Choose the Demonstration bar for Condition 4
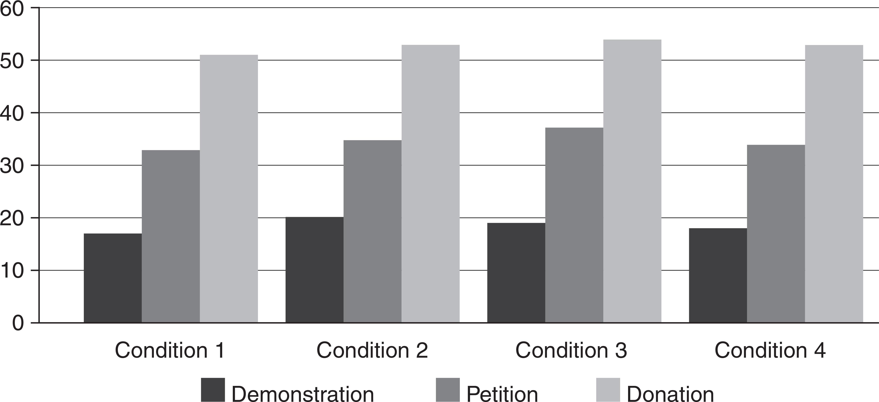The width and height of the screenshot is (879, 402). [718, 275]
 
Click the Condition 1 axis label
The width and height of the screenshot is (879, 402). [170, 350]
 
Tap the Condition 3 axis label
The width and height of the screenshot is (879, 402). [571, 350]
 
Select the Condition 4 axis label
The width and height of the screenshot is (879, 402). [770, 350]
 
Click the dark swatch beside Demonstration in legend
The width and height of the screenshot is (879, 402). [213, 390]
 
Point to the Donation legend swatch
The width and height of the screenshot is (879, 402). [608, 390]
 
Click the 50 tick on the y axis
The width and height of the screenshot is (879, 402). [12, 61]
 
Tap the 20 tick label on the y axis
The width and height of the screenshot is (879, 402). [12, 218]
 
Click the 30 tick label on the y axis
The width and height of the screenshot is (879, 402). [12, 165]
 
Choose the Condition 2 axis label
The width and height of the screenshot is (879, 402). [372, 350]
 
